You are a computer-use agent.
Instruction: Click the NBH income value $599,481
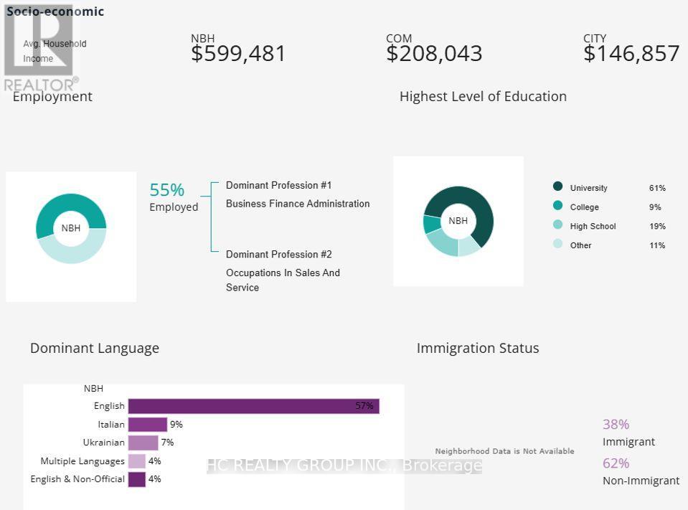click(238, 54)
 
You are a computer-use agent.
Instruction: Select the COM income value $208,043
click(434, 54)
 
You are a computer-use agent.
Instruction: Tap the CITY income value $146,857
click(631, 54)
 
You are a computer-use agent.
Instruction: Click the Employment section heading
click(52, 97)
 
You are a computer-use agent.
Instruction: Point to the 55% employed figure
click(167, 190)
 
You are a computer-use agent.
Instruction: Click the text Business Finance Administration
click(298, 204)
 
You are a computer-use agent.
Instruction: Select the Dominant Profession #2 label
click(279, 255)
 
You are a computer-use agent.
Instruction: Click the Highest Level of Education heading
click(483, 97)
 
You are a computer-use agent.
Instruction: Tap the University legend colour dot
click(558, 186)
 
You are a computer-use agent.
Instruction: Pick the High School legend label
click(593, 227)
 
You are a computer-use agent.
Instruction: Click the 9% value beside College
click(655, 207)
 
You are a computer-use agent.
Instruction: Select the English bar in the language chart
click(253, 406)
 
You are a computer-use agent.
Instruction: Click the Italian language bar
click(147, 425)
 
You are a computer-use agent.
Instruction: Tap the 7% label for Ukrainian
click(167, 443)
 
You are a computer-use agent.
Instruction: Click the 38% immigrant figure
click(616, 425)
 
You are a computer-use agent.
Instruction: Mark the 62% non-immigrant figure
click(616, 463)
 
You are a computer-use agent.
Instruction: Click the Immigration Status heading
click(478, 349)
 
